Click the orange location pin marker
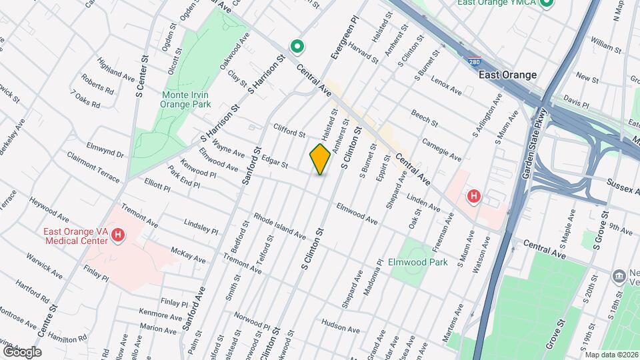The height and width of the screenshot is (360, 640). click(x=321, y=159)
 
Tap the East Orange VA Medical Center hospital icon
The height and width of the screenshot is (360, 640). click(x=118, y=235)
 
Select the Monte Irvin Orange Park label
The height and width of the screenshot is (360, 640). click(x=187, y=99)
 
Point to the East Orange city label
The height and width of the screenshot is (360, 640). click(x=507, y=75)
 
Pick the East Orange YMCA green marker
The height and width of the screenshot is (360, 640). click(x=547, y=3)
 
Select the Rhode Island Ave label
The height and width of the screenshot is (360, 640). click(x=279, y=227)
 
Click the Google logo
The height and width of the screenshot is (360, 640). click(x=22, y=351)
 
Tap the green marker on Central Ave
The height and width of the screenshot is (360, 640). click(x=297, y=47)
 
